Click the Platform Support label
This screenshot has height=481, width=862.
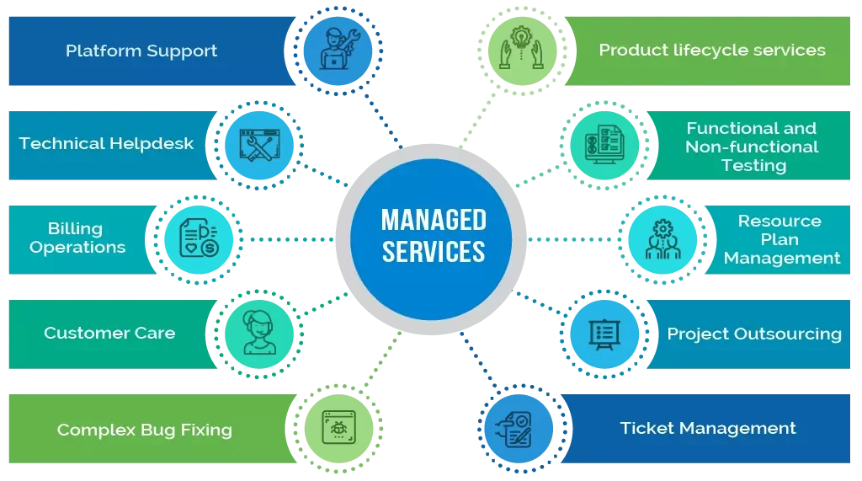(x=141, y=51)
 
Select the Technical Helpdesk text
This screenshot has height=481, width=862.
(x=106, y=143)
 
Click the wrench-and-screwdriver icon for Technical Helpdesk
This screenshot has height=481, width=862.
(x=258, y=145)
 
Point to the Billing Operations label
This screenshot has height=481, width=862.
(x=77, y=238)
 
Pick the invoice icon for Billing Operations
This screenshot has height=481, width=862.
(x=196, y=238)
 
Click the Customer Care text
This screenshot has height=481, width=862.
(x=109, y=333)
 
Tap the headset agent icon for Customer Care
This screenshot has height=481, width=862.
(x=258, y=334)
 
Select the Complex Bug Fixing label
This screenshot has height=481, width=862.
(x=144, y=430)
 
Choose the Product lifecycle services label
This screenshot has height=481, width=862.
(x=711, y=50)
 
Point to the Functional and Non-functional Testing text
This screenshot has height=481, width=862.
(x=751, y=147)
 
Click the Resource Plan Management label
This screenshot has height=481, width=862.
(x=781, y=239)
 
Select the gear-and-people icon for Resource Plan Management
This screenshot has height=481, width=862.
(x=662, y=239)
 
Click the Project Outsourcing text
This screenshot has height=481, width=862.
(x=753, y=334)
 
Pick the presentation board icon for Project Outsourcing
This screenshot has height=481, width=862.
(x=604, y=334)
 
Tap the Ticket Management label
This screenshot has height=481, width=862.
(x=707, y=428)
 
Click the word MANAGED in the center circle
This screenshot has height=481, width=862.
(x=434, y=221)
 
